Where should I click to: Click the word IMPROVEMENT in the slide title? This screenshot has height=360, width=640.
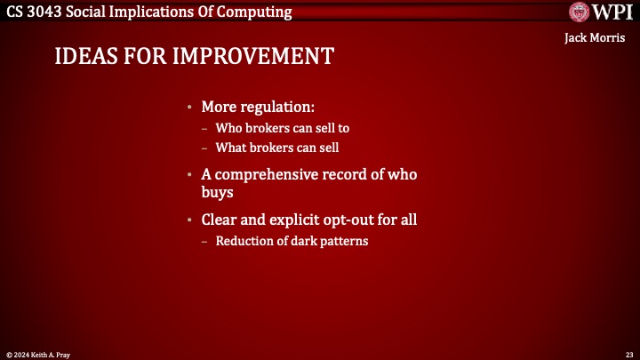coord(255,56)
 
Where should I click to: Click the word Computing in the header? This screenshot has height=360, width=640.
coord(253,12)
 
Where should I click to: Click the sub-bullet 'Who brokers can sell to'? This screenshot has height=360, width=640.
coord(282,128)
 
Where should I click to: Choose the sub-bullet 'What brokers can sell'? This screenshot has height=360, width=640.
coord(277,147)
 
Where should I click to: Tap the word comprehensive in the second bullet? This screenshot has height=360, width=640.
coord(265,175)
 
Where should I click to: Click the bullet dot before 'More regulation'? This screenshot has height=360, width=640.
coord(189,108)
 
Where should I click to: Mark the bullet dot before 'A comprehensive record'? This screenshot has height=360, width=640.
coord(189,176)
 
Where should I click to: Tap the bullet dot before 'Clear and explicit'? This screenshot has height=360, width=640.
coord(189,220)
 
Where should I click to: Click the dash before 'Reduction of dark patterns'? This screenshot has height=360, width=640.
coord(205,241)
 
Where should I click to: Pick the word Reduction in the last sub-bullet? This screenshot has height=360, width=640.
coord(242,241)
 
